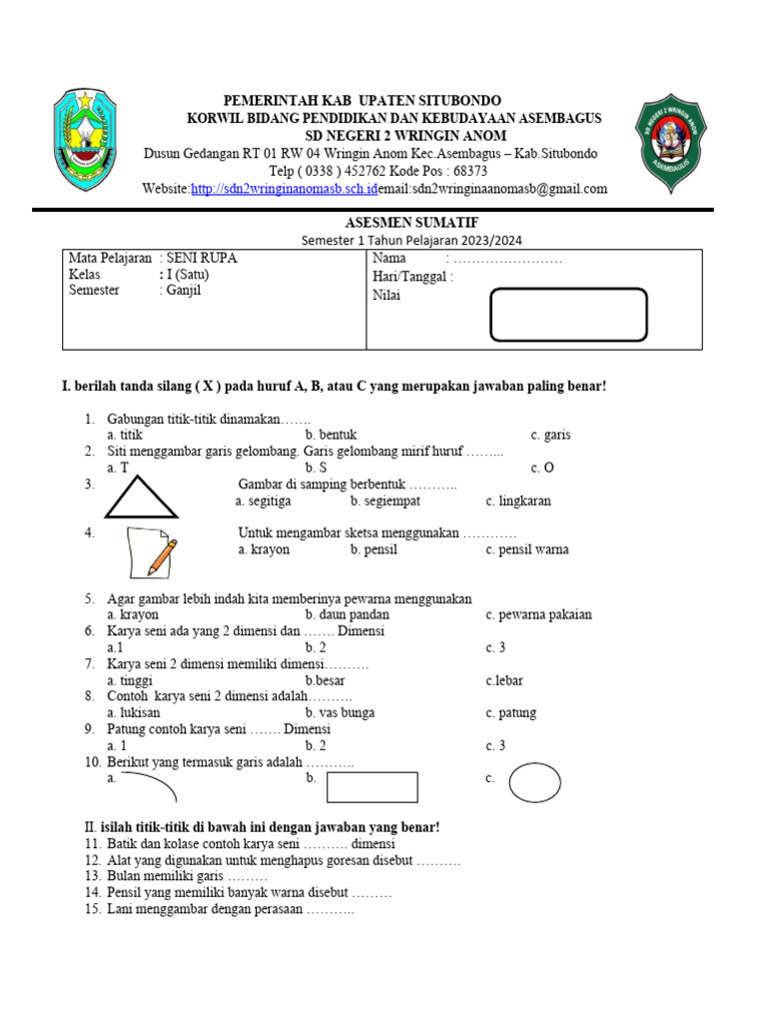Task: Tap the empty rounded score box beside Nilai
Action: point(568,314)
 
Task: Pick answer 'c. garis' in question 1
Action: point(550,436)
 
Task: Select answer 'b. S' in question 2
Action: point(317,468)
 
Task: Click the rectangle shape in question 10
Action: point(372,786)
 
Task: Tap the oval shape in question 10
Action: point(534,782)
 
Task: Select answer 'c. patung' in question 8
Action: point(510,713)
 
